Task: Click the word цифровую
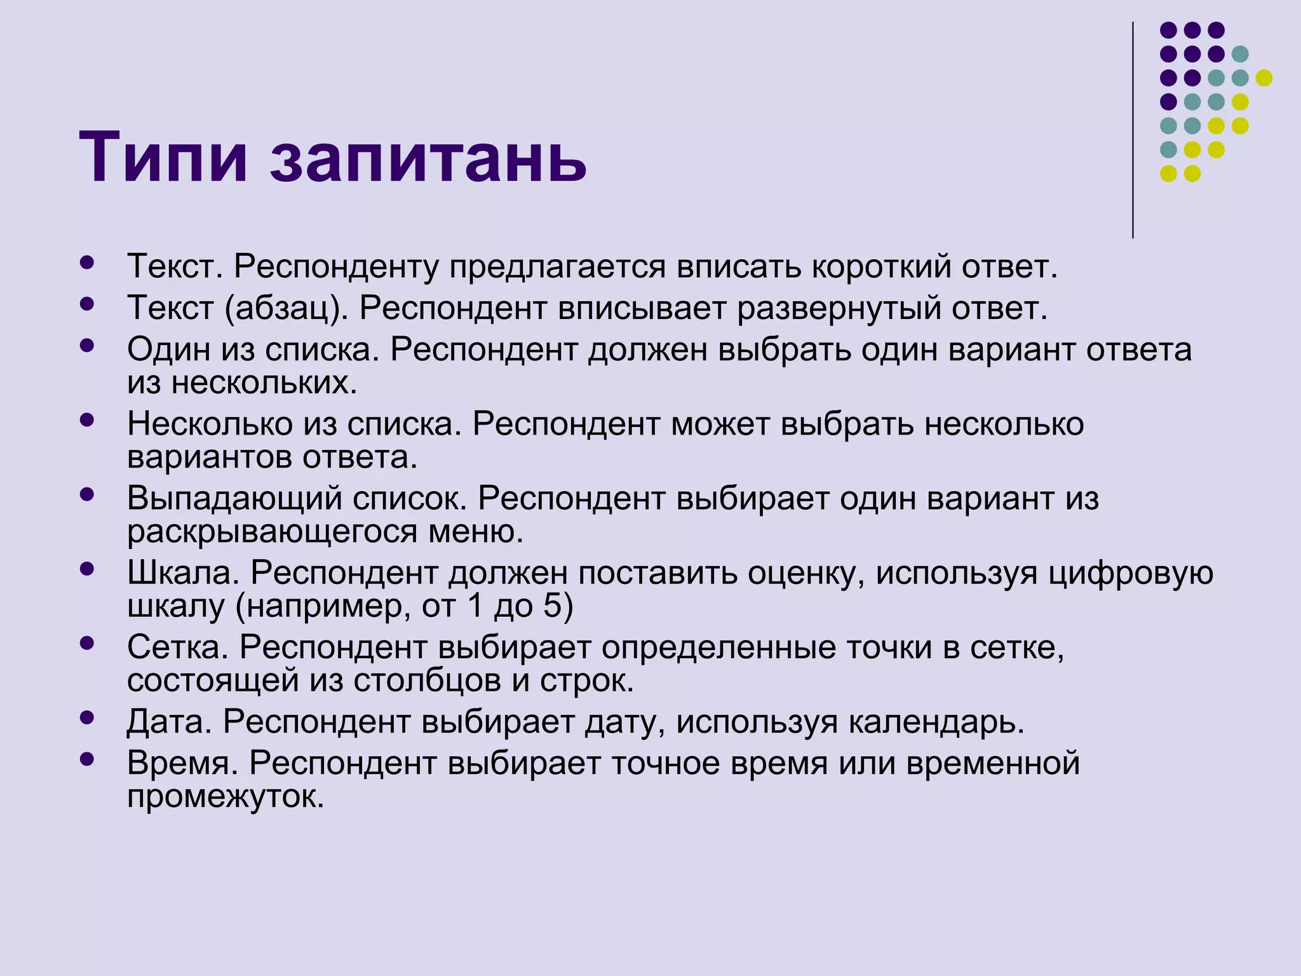[1130, 574]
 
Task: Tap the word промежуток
[226, 796]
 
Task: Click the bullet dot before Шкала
[88, 569]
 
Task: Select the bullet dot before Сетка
[88, 643]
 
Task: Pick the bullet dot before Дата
[88, 717]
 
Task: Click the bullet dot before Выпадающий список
[88, 494]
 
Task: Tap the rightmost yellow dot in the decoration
[1264, 78]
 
